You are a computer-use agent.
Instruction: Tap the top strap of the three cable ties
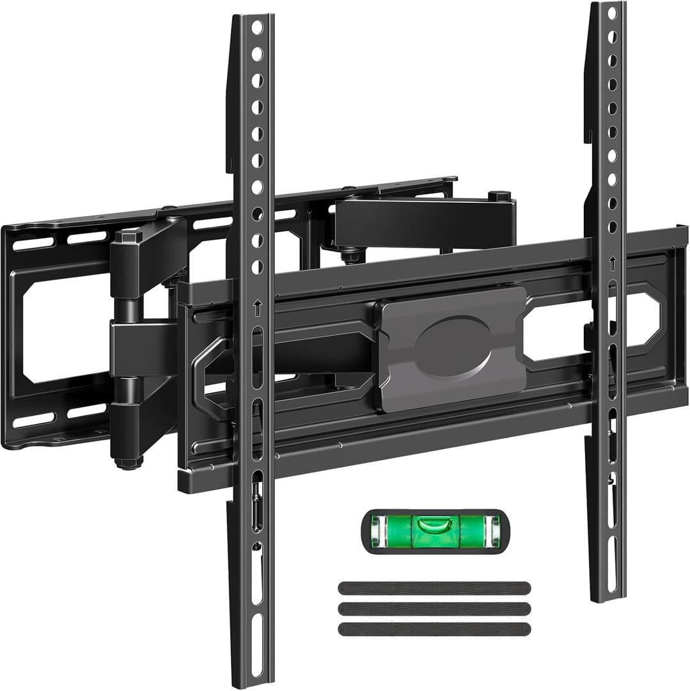click(434, 588)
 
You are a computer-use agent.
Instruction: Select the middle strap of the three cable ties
click(434, 608)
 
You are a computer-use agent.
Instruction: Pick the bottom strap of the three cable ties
click(434, 629)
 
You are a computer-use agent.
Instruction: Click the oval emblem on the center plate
click(453, 347)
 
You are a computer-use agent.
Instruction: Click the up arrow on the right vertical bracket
click(612, 262)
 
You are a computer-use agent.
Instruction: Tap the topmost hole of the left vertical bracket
click(257, 28)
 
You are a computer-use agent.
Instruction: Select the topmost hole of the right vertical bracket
click(612, 13)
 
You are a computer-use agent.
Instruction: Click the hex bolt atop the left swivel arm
click(129, 235)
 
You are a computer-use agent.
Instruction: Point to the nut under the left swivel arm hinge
click(129, 462)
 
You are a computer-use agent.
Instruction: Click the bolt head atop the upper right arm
click(498, 195)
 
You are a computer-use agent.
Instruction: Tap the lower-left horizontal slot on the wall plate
click(38, 422)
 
